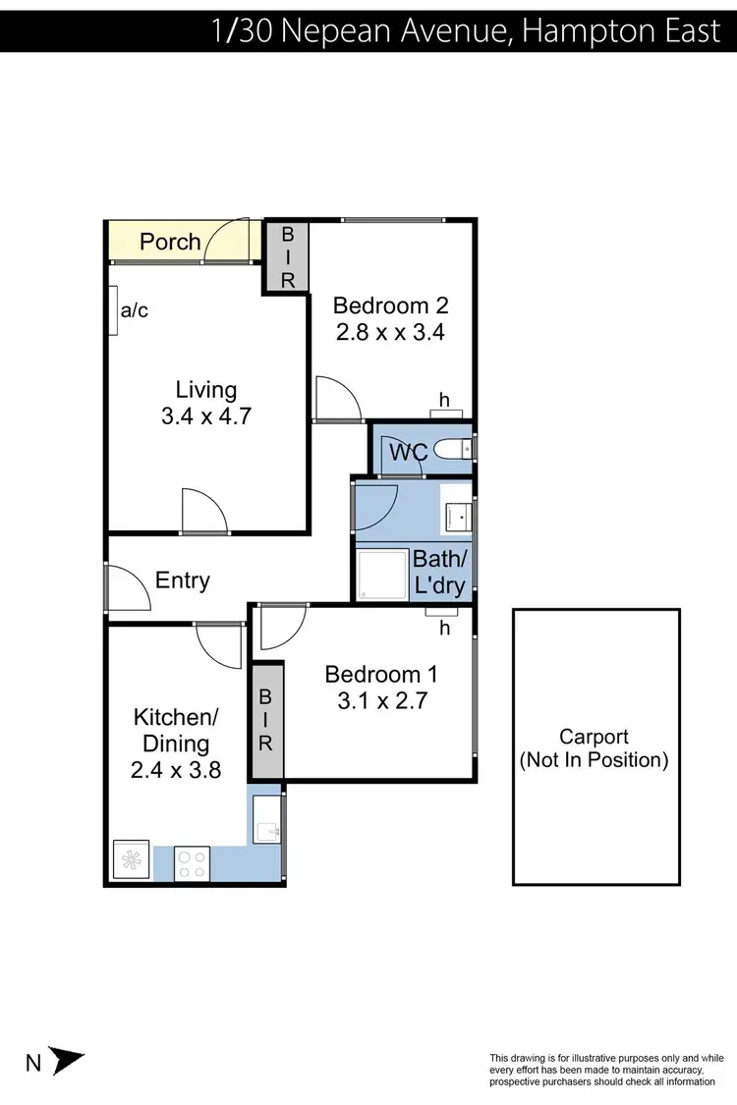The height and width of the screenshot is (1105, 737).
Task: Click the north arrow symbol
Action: pyautogui.click(x=67, y=1062)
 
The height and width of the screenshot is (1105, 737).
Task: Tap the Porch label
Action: pyautogui.click(x=170, y=242)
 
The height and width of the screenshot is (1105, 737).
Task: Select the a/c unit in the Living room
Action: pyautogui.click(x=114, y=310)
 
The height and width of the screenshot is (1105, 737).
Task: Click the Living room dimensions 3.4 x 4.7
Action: pyautogui.click(x=206, y=415)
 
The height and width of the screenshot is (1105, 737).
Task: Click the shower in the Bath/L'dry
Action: pyautogui.click(x=381, y=575)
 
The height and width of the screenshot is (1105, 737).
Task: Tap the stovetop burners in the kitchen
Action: pyautogui.click(x=192, y=862)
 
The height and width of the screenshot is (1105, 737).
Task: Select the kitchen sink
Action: pyautogui.click(x=266, y=821)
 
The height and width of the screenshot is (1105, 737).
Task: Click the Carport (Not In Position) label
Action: pyautogui.click(x=595, y=747)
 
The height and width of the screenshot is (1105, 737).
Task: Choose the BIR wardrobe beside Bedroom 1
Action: pyautogui.click(x=265, y=721)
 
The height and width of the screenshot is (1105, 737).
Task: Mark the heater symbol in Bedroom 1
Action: pyautogui.click(x=436, y=613)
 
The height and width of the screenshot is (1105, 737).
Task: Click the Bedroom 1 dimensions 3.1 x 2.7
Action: pyautogui.click(x=381, y=701)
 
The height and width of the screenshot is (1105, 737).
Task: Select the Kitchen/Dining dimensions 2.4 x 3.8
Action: pyautogui.click(x=176, y=770)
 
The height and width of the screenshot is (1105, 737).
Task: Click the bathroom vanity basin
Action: pyautogui.click(x=457, y=513)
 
